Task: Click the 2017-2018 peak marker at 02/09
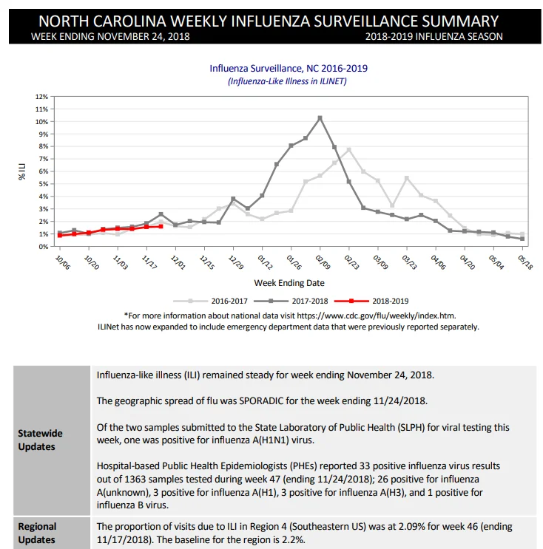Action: click(320, 118)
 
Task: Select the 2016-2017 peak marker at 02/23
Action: click(348, 150)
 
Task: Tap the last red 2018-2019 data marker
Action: click(161, 227)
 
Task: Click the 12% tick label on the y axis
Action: click(41, 97)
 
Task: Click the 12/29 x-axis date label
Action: click(236, 262)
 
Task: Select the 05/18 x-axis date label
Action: click(525, 262)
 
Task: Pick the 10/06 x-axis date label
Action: click(63, 262)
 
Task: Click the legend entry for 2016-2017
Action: click(210, 301)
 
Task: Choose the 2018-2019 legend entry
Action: click(371, 301)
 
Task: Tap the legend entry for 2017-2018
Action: click(291, 301)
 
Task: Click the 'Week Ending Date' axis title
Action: click(289, 283)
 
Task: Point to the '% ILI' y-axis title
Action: click(22, 171)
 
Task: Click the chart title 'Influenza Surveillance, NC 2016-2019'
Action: click(289, 68)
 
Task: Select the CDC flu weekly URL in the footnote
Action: click(376, 316)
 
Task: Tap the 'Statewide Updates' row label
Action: click(40, 440)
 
